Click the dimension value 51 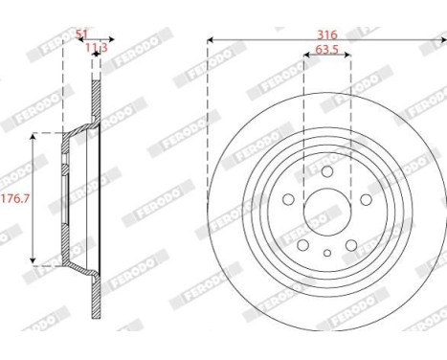tap(81, 33)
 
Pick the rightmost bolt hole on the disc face tap(368, 198)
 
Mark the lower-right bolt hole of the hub tap(352, 242)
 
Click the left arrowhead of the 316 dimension tap(210, 40)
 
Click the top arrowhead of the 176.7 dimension tap(35, 137)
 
